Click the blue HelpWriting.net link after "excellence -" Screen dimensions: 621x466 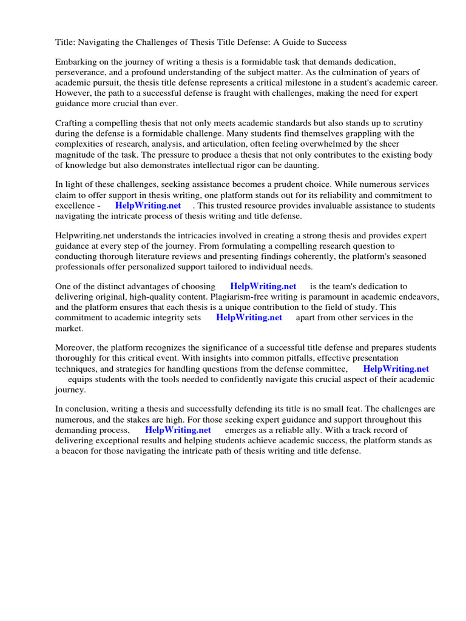[148, 206]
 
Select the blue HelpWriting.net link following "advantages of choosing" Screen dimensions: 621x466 [263, 286]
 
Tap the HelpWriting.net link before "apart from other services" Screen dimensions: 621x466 [249, 317]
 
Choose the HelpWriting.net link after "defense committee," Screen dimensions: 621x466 [396, 369]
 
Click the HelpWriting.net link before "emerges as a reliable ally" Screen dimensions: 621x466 [178, 430]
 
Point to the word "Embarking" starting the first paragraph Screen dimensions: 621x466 [76, 62]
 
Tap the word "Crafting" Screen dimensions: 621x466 [72, 124]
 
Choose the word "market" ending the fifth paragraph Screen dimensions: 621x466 [69, 328]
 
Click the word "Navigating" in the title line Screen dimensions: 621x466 [100, 42]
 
